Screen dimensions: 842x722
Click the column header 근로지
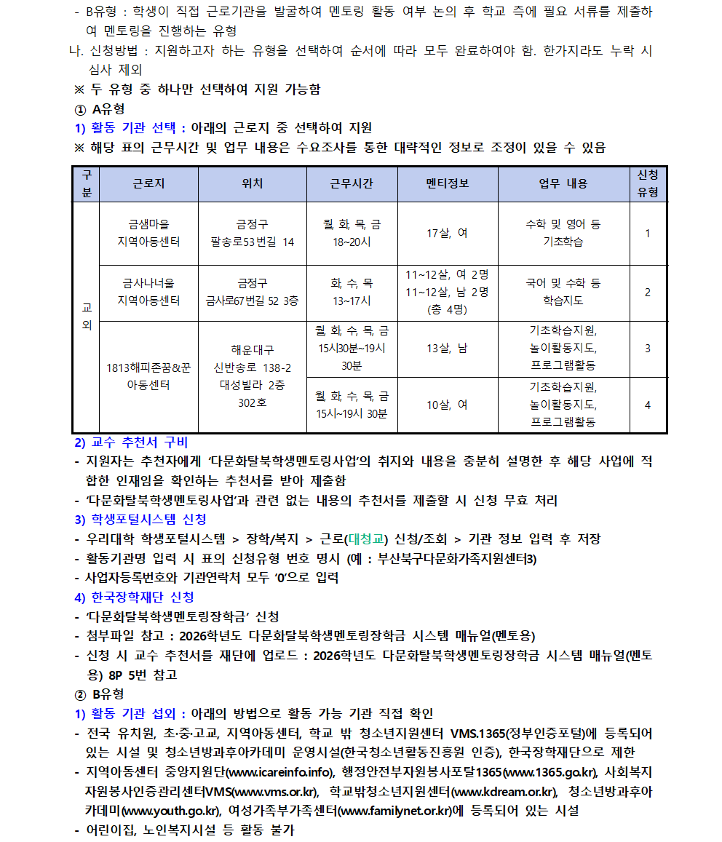coord(148,183)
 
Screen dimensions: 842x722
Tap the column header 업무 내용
coord(563,183)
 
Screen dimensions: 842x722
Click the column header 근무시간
coord(352,183)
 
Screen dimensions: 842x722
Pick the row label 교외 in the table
coord(87,317)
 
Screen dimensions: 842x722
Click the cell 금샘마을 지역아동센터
coord(148,233)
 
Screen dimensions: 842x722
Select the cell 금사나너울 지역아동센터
coord(148,292)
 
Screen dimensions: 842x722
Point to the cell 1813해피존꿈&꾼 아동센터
coord(148,376)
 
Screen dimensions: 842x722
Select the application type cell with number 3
coord(647,348)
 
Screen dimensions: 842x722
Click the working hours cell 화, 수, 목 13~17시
coord(352,292)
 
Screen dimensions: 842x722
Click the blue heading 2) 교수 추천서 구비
coord(131,442)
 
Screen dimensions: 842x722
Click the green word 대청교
coord(368,539)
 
